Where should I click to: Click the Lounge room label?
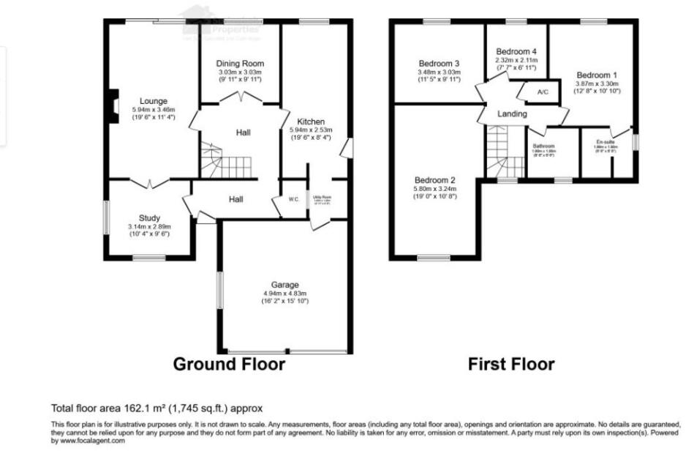[154, 101]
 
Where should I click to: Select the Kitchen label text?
[311, 122]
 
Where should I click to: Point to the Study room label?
[149, 218]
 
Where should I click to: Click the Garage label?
[284, 285]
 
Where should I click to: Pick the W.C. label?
[293, 199]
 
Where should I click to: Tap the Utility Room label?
[322, 197]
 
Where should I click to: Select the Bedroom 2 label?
[435, 180]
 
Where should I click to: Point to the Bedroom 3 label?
[439, 63]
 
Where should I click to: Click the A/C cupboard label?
[543, 92]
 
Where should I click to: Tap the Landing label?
[512, 114]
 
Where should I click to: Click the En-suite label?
[606, 142]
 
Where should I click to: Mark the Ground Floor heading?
[229, 364]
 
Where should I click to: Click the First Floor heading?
[511, 364]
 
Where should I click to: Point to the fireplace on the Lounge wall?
[112, 103]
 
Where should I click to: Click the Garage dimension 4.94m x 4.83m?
[284, 294]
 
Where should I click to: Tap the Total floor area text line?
[157, 408]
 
